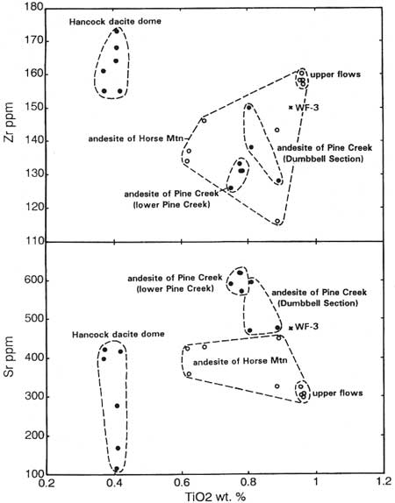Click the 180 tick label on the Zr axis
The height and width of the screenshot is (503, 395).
[33, 7]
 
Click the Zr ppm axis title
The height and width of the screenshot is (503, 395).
[9, 123]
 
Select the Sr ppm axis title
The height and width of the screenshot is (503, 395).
[9, 356]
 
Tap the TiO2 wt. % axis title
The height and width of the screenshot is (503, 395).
[215, 497]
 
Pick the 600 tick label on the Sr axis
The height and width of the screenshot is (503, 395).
[34, 280]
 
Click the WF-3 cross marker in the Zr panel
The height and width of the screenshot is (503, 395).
[291, 108]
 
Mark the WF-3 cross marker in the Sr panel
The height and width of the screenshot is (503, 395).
[291, 328]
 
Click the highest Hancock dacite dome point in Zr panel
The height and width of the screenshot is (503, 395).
[117, 32]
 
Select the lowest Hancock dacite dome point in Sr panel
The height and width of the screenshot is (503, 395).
[117, 469]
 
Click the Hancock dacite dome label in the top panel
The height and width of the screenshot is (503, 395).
[115, 22]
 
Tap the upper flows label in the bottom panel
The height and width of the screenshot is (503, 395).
[337, 393]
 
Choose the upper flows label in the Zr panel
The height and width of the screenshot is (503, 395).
[335, 74]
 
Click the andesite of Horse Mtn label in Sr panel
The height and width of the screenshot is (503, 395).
[240, 362]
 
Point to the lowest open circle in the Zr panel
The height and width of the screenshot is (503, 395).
[277, 222]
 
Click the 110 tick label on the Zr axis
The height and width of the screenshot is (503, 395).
[33, 241]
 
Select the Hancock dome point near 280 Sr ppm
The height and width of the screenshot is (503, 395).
[118, 406]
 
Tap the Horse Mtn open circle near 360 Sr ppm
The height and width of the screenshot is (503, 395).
[189, 373]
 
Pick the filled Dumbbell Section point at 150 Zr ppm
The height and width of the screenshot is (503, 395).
[248, 107]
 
